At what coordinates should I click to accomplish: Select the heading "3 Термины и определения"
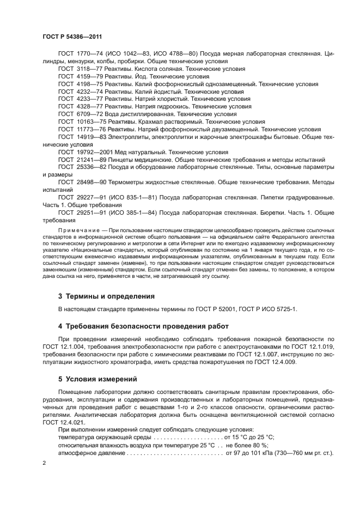pyautogui.click(x=106, y=296)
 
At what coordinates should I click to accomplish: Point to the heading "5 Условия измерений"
pyautogui.click(x=97, y=379)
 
